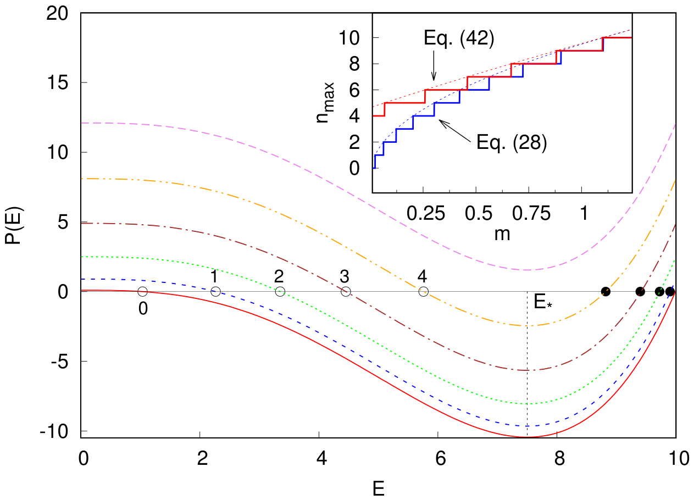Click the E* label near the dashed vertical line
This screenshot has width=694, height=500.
542,302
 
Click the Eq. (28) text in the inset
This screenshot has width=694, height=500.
512,143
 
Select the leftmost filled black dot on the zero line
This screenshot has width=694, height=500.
606,292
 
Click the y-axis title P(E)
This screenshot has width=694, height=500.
13,225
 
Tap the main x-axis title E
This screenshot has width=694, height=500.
379,489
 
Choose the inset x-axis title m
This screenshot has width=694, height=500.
502,235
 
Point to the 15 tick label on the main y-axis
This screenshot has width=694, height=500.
58,83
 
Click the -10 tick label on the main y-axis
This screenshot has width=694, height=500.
54,431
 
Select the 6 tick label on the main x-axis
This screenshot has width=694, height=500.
440,458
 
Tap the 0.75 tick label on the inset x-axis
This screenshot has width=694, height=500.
531,213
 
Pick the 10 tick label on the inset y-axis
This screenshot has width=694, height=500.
349,38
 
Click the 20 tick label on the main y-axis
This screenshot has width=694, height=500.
58,14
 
